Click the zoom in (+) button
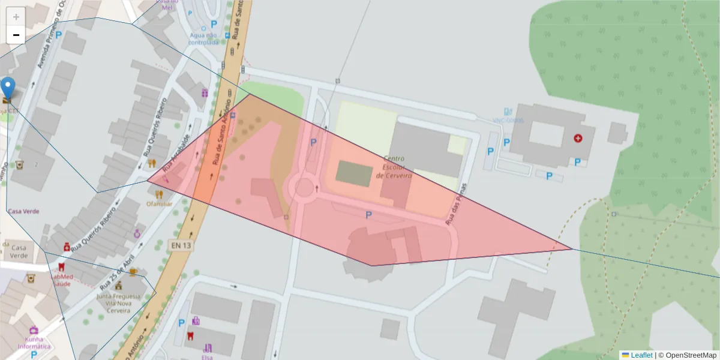tap(16, 17)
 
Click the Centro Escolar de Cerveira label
tap(394, 167)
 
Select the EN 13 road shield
tap(180, 245)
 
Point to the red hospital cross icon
tap(578, 138)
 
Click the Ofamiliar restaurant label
tap(159, 203)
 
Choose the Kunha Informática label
tap(34, 343)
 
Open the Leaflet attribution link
tap(641, 355)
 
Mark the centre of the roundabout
tap(303, 187)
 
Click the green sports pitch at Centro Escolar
tap(353, 173)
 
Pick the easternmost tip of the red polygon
tap(572, 249)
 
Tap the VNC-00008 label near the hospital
tap(509, 121)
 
